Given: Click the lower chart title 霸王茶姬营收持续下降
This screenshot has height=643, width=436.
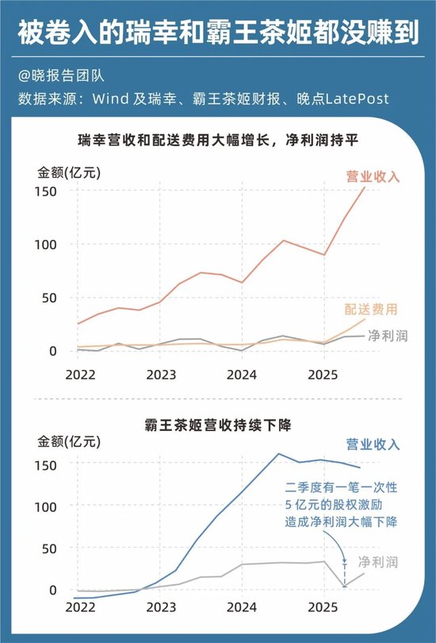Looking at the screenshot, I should coord(219,425).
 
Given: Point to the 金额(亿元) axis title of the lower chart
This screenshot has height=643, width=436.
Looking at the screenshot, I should coord(70,443).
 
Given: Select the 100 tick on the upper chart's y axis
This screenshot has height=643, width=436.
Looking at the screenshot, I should coord(46,244).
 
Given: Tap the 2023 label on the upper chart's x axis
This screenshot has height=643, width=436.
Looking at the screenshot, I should coord(161,373).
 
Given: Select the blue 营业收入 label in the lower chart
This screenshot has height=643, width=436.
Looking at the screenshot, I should coord(373,445).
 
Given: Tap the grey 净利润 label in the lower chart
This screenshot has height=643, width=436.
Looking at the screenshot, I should coord(379,561).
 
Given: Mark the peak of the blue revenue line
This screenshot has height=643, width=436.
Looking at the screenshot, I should coord(279,454).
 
